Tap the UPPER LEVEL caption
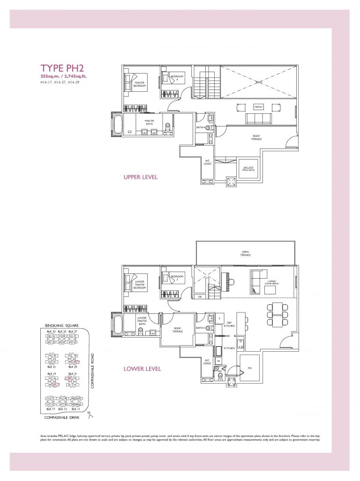pos(140,178)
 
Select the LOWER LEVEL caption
pos(142,369)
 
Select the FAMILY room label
pos(258,107)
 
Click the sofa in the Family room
pos(258,119)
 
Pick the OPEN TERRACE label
pos(246,253)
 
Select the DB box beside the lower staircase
pos(200,296)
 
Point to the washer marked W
pos(218,361)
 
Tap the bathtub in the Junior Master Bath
pos(118,324)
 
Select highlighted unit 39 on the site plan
pos(70,378)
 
